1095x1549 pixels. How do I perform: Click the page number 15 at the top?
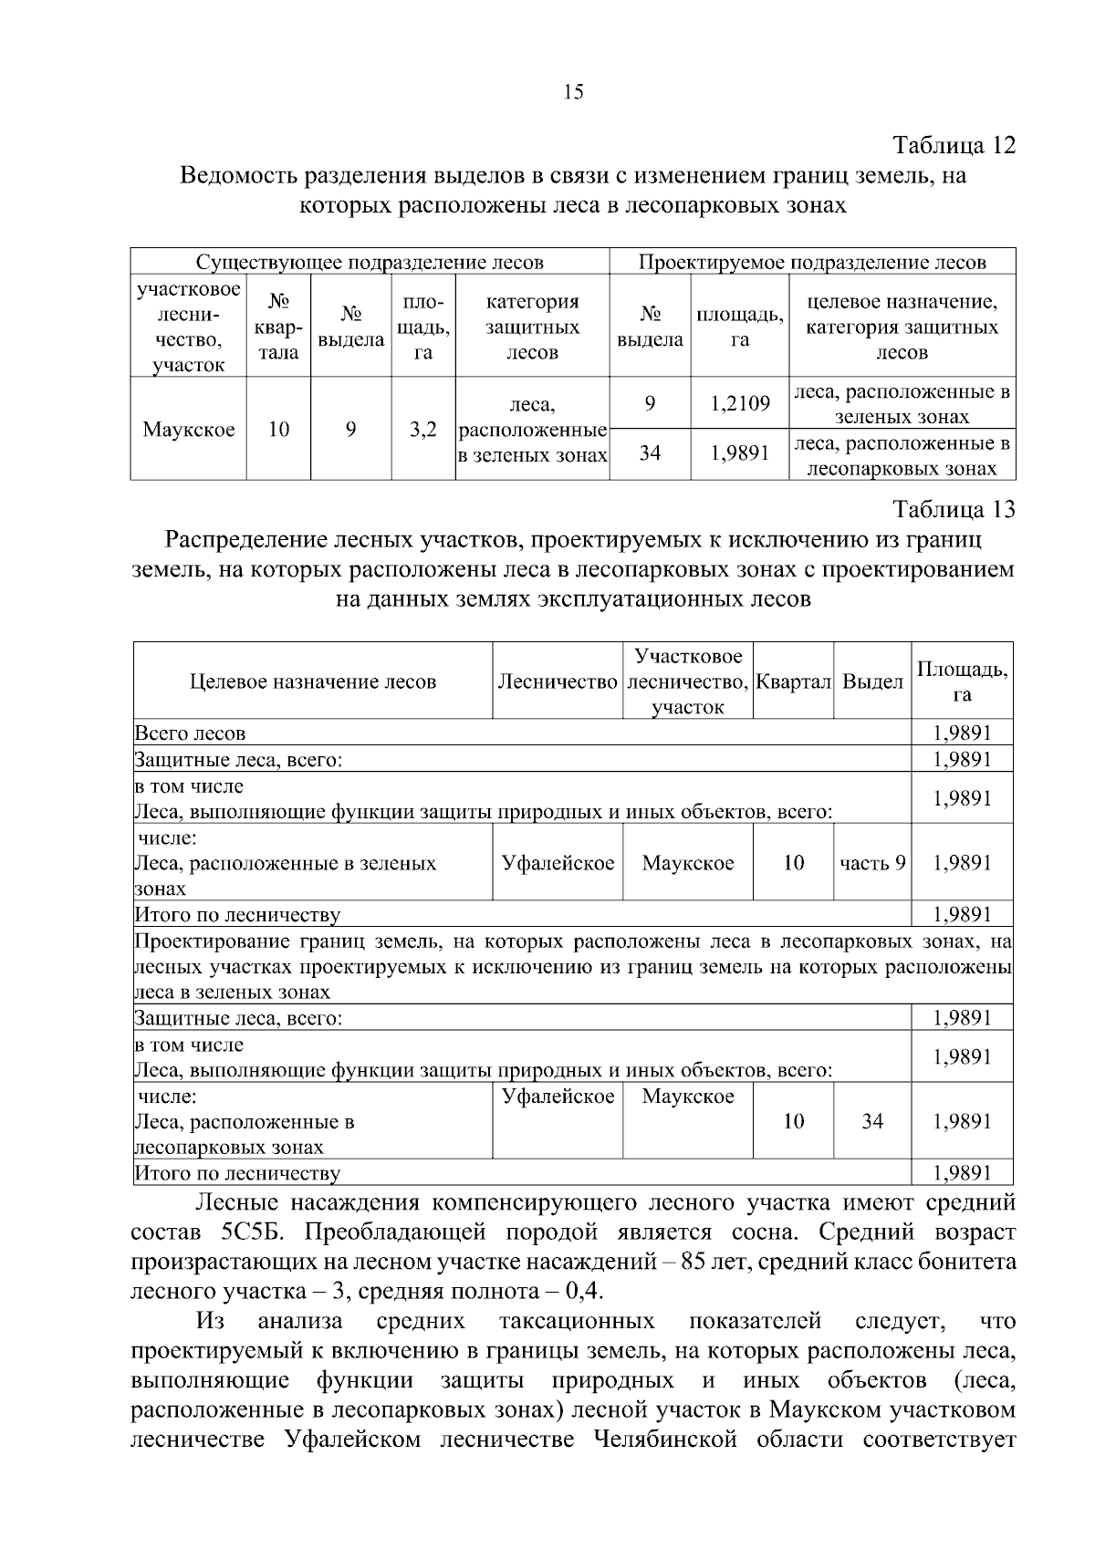574,91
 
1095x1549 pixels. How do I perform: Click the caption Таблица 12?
954,146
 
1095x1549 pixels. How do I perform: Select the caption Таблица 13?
954,509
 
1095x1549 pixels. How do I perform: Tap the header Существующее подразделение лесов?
370,263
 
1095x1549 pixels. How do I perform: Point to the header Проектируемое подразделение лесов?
812,263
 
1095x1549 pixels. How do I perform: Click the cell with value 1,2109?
740,403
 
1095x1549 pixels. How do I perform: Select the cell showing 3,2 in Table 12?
422,429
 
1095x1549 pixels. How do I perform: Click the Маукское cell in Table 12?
189,429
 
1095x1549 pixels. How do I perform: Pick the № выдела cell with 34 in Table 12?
650,452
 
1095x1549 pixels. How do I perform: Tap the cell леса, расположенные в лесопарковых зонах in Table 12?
902,456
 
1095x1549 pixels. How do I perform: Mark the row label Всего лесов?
190,733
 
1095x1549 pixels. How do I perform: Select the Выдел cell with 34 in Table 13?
872,1121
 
